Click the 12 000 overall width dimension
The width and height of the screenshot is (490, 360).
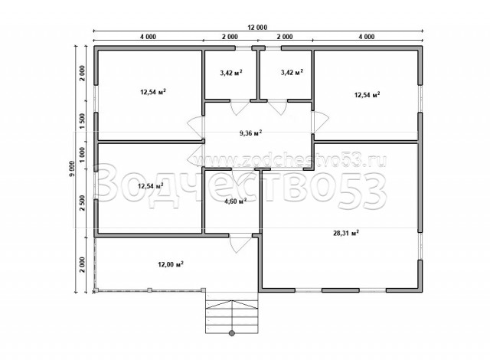pyautogui.click(x=257, y=28)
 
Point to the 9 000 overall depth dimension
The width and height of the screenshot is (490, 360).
pyautogui.click(x=72, y=169)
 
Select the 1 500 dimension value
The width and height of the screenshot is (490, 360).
pyautogui.click(x=82, y=119)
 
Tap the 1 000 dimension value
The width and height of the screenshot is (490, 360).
pyautogui.click(x=82, y=155)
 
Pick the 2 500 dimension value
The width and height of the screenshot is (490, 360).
pyautogui.click(x=82, y=203)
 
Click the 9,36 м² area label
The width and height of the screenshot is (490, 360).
pyautogui.click(x=250, y=133)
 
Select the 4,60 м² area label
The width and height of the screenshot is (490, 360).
pyautogui.click(x=235, y=201)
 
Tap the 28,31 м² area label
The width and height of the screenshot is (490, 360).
pyautogui.click(x=346, y=233)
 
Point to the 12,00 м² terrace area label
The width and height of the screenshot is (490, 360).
pyautogui.click(x=171, y=265)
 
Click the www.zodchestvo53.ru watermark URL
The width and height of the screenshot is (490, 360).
pyautogui.click(x=290, y=162)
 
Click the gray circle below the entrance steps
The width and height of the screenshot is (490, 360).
pyautogui.click(x=232, y=333)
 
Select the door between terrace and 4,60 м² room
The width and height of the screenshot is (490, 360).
pyautogui.click(x=240, y=243)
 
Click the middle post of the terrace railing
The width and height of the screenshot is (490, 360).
pyautogui.click(x=150, y=290)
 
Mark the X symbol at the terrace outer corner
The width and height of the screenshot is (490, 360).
pyautogui.click(x=93, y=292)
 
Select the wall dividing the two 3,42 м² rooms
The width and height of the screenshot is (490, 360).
pyautogui.click(x=259, y=75)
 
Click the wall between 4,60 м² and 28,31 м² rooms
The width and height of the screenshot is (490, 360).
pyautogui.click(x=260, y=201)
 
